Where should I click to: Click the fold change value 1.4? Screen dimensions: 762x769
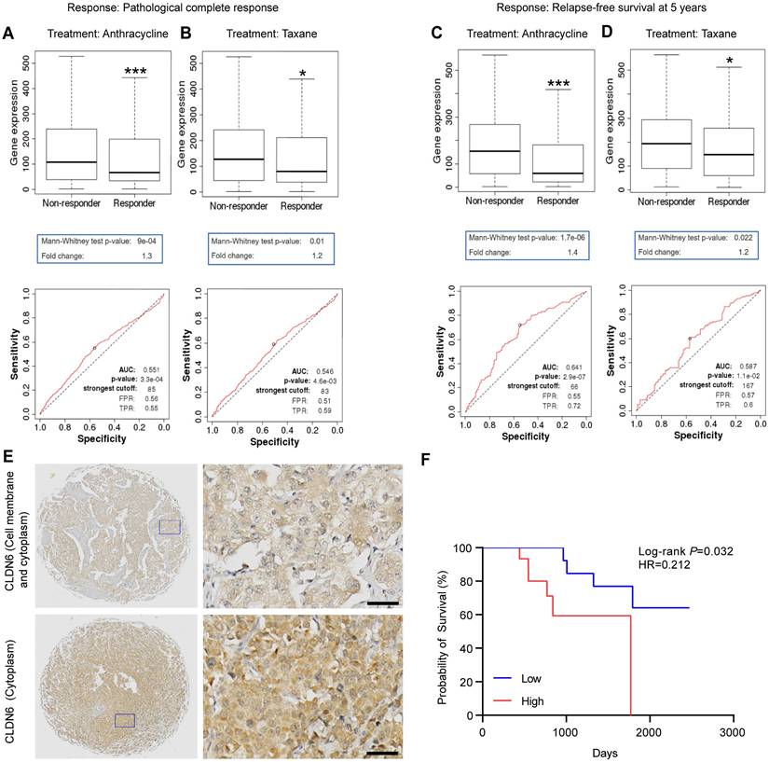tap(578, 255)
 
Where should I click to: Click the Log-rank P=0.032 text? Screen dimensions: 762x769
tap(686, 551)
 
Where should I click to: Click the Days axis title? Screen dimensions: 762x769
tap(606, 751)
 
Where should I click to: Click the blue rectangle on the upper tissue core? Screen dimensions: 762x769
tap(169, 527)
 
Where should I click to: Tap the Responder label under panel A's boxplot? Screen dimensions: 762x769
tap(131, 201)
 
